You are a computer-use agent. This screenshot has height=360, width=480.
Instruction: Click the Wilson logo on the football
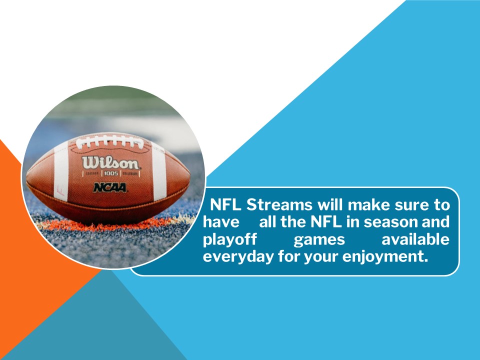(111, 163)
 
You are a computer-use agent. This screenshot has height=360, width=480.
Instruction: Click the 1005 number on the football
(109, 173)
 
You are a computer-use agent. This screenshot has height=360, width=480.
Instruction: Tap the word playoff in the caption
(229, 240)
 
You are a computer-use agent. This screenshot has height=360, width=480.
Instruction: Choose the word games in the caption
(319, 240)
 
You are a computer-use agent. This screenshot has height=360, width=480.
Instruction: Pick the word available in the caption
(415, 240)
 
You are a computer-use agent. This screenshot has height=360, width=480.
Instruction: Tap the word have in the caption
(221, 222)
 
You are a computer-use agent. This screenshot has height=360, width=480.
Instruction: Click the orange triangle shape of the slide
(30, 250)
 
